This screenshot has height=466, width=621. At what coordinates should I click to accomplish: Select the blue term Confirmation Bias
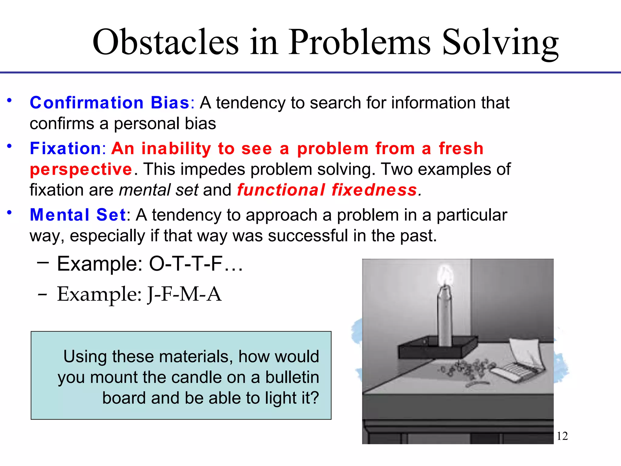tap(110, 103)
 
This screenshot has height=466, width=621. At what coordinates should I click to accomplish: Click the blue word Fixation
tap(65, 148)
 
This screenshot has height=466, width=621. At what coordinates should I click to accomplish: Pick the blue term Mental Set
tap(78, 215)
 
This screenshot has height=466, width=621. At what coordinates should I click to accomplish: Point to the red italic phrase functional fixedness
tap(327, 190)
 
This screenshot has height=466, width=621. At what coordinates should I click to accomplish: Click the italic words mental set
tap(159, 190)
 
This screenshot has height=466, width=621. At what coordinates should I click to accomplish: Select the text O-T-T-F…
tap(196, 264)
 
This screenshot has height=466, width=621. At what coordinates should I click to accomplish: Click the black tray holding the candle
tap(437, 349)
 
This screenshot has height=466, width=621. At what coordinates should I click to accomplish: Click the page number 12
tap(562, 436)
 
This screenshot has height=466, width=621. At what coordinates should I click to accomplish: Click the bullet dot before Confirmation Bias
tap(9, 100)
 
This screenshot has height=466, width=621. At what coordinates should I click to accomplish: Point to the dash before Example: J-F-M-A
tap(42, 294)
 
